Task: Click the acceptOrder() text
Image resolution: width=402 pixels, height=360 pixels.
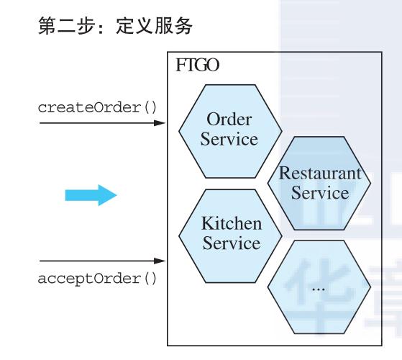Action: click(97, 277)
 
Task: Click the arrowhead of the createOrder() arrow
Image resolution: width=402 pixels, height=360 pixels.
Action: click(162, 122)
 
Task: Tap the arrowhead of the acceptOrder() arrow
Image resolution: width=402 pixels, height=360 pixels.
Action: click(162, 260)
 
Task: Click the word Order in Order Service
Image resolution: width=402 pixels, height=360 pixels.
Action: click(229, 117)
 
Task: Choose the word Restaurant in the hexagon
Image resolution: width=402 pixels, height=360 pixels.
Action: click(314, 174)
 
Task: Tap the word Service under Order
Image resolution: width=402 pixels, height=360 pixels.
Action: click(229, 138)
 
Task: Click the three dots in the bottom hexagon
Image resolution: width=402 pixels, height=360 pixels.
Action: click(319, 287)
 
